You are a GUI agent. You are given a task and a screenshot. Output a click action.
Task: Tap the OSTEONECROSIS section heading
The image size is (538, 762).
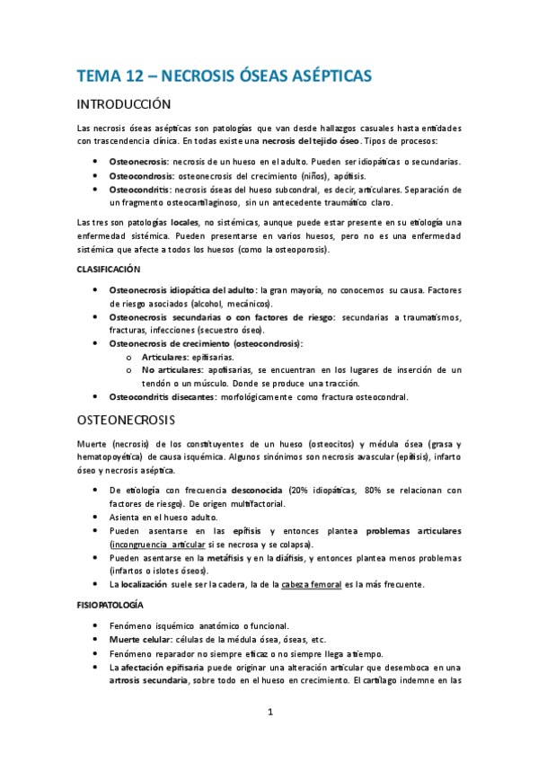pyautogui.click(x=126, y=420)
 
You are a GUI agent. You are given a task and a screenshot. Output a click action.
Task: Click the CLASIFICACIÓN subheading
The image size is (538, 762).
pyautogui.click(x=109, y=270)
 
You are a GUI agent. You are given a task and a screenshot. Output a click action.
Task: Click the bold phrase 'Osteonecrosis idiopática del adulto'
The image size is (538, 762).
pyautogui.click(x=182, y=290)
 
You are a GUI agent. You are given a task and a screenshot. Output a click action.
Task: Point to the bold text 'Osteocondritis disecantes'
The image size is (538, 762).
pyautogui.click(x=165, y=396)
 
